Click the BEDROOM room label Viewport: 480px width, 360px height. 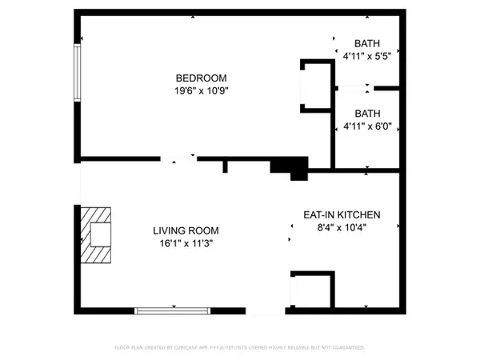tap(202, 78)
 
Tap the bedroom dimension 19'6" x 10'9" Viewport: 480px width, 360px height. tap(202, 90)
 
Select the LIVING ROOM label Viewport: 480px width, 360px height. tap(186, 230)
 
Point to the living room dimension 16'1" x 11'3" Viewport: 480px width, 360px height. tap(186, 243)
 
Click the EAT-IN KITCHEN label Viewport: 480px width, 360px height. tap(341, 215)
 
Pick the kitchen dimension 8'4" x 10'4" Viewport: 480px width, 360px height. tap(341, 228)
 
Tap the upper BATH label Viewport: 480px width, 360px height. tap(368, 44)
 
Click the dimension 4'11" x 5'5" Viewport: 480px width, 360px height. tap(367, 57)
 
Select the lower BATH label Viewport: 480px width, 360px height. tap(368, 114)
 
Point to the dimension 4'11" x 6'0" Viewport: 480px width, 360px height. tap(367, 126)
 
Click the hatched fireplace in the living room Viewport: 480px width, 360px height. tap(97, 234)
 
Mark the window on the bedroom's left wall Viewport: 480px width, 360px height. tap(78, 72)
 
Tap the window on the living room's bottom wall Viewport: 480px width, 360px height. tap(172, 310)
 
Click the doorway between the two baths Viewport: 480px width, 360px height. tap(352, 86)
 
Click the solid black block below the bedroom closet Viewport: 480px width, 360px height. tap(289, 166)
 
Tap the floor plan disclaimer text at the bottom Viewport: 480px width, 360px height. tap(240, 348)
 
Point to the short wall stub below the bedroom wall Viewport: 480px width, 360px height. tap(226, 166)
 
